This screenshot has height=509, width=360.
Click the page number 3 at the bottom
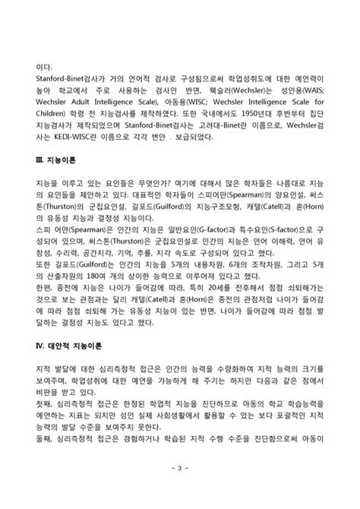coord(180,481)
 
